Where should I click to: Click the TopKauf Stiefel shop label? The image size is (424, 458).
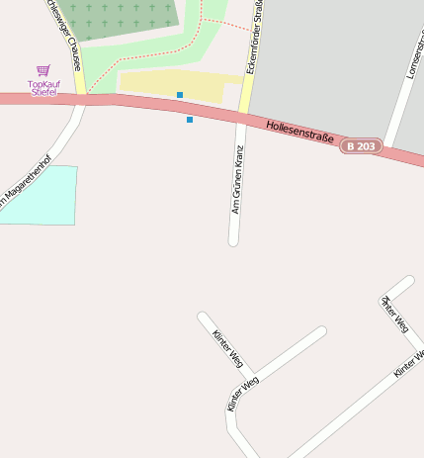click(x=42, y=88)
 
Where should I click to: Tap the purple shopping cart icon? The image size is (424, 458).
click(x=42, y=71)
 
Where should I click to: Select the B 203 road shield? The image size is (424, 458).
click(x=361, y=146)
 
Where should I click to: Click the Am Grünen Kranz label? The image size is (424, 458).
click(x=237, y=181)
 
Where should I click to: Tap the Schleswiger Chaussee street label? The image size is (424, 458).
click(x=61, y=35)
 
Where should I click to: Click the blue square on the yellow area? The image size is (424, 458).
click(x=180, y=95)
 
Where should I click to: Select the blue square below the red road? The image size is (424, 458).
click(x=190, y=120)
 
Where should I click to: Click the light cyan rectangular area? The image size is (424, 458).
click(x=40, y=196)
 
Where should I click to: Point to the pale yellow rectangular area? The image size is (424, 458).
click(x=178, y=84)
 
